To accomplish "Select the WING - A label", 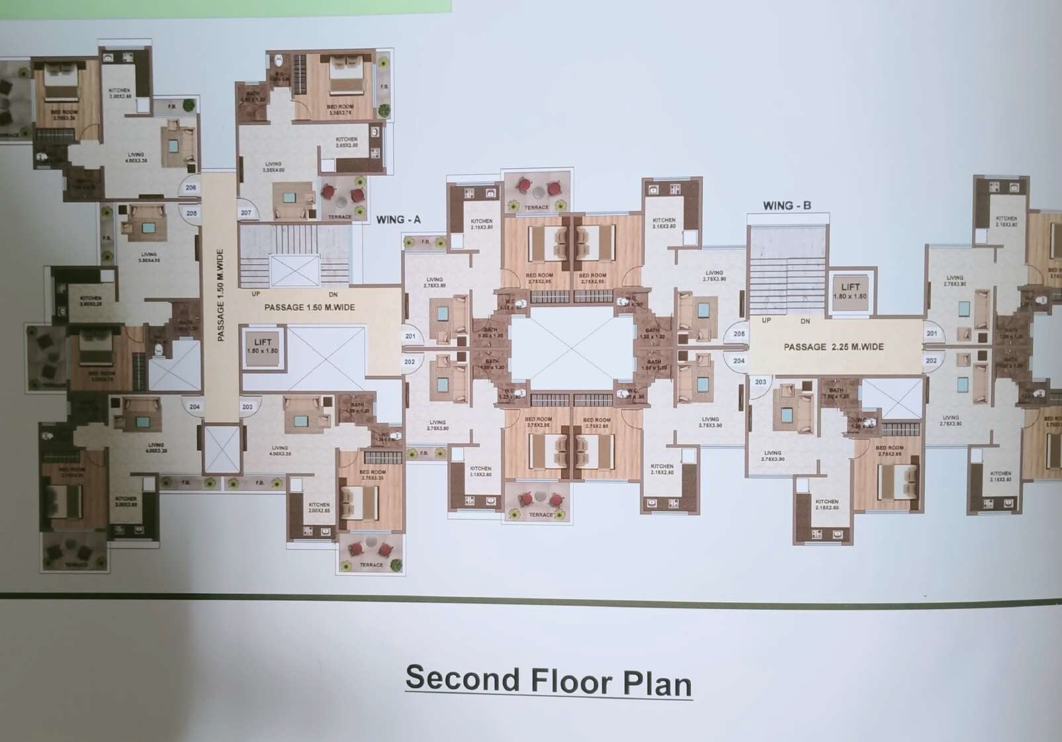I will point(398,220).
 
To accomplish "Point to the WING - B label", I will point(787,206).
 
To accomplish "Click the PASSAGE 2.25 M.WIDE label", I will point(834,347).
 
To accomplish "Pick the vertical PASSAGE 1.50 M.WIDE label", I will point(220,295).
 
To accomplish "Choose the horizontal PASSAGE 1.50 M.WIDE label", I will point(310,307).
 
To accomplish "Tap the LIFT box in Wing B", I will point(850,291).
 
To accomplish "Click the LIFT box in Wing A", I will point(263,346).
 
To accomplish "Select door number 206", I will point(191,188).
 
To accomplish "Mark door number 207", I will point(246,212).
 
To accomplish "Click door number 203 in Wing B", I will point(760,382).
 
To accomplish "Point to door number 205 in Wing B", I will point(739,334).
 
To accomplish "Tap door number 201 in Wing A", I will point(410,336).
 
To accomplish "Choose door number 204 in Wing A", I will point(195,406).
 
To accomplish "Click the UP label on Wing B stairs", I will point(766,320).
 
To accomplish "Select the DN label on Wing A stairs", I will point(333,295).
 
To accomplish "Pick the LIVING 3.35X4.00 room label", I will point(273,167).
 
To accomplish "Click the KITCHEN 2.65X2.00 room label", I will point(347,142).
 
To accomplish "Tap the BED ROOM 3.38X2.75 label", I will point(340,109).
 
